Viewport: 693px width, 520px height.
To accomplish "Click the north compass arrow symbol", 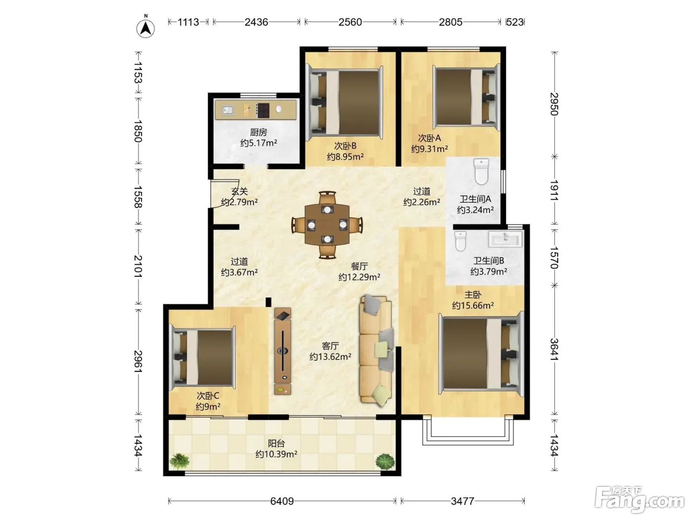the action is pos(145,28).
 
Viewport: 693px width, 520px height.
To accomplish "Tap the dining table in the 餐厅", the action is pos(327,224).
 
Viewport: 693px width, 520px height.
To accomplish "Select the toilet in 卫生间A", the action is pos(481,171).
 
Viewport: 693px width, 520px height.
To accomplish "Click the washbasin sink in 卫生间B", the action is pos(505,239).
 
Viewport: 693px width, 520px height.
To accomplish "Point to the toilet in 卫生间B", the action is pos(460,241).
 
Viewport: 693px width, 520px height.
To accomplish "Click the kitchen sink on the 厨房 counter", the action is pos(227,110).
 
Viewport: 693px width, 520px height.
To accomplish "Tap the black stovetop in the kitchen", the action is pos(262,110).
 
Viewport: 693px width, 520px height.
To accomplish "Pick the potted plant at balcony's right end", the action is pos(385,462).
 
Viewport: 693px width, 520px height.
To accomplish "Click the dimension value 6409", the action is pos(282,501).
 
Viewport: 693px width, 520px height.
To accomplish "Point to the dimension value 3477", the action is pos(462,501).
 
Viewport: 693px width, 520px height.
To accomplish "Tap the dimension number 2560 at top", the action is pos(350,22).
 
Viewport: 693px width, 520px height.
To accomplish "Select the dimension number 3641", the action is pos(554,350).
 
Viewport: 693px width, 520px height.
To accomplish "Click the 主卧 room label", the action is pos(473,295).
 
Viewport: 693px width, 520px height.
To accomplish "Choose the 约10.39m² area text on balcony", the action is pos(276,454).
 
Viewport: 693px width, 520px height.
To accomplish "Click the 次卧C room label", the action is pos(208,396).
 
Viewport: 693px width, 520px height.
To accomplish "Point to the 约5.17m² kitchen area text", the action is pos(258,143).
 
